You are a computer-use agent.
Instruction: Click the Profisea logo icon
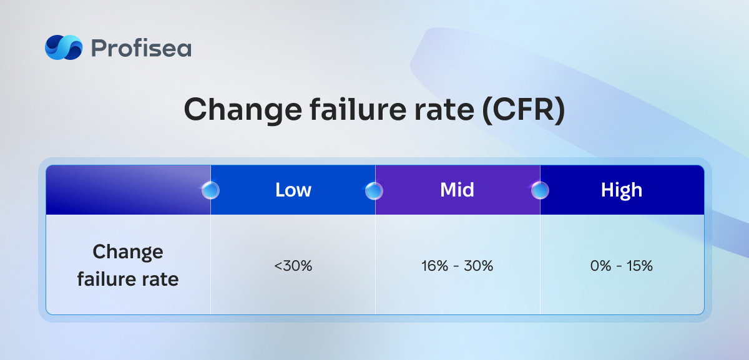pos(64,47)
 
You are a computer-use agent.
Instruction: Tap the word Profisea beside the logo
pos(141,48)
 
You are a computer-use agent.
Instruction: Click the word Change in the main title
pos(243,110)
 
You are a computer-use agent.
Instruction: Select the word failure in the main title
pos(358,109)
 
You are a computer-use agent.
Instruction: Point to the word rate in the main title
pos(444,110)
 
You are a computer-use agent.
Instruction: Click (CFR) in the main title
pos(524,110)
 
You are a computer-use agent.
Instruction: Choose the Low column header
pos(293,190)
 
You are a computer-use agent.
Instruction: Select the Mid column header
pos(457,190)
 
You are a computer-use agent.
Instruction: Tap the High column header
pos(622,190)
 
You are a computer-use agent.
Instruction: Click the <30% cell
pos(293,266)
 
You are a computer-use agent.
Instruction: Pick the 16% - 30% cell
pos(457,266)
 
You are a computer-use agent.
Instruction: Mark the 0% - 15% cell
pos(622,266)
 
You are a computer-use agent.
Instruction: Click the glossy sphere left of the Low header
pos(211,190)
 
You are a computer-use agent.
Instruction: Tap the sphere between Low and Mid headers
pos(374,191)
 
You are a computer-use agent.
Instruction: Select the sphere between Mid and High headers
pos(540,190)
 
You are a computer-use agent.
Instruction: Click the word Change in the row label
pos(128,252)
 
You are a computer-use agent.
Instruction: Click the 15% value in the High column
pos(640,266)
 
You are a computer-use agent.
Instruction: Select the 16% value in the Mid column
pos(434,266)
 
